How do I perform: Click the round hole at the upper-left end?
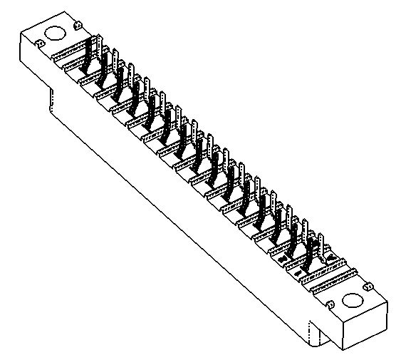54,34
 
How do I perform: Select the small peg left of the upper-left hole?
41,44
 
